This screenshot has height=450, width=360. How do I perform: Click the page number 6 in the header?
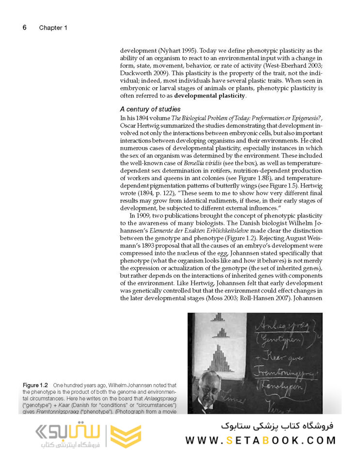tap(24, 28)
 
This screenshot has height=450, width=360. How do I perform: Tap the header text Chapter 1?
tap(53, 28)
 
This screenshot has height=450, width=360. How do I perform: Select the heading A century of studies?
tap(150, 109)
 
